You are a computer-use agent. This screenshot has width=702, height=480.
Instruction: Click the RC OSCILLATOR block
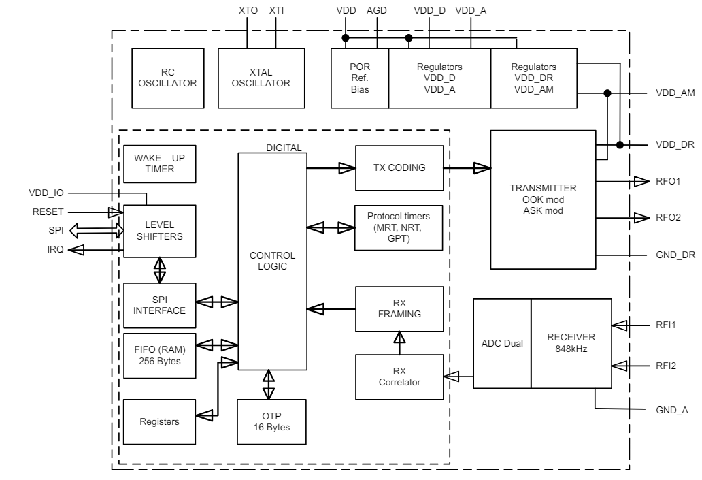[168, 78]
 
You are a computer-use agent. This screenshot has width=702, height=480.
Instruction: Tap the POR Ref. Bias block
[359, 78]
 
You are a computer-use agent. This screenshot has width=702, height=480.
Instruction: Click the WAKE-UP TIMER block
[158, 163]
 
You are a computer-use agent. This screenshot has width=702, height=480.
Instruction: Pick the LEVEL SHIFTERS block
[158, 230]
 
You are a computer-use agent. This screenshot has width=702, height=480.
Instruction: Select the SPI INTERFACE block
[158, 305]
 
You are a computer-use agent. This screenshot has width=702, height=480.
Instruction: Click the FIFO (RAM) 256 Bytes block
[158, 355]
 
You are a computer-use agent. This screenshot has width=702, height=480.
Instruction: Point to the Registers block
[158, 421]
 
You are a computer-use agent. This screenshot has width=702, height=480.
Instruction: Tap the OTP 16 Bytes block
[271, 421]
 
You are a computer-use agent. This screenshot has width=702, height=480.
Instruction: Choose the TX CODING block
[399, 168]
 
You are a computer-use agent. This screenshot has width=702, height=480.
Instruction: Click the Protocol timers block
[399, 227]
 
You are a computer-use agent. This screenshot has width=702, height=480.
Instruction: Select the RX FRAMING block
[399, 308]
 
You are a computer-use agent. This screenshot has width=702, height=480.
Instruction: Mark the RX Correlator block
[399, 377]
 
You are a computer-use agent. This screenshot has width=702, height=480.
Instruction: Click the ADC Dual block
[501, 343]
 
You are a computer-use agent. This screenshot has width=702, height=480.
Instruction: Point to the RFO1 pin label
[669, 182]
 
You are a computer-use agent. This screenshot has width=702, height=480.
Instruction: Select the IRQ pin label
[56, 251]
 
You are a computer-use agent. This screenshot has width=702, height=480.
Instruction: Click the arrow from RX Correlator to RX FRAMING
[399, 342]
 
